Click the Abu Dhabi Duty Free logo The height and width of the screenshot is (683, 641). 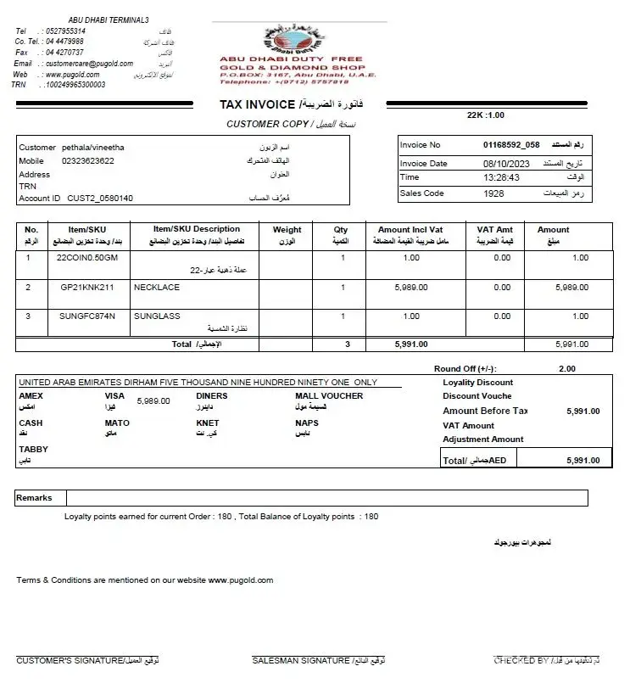pyautogui.click(x=293, y=40)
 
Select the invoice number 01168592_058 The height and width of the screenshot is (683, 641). pyautogui.click(x=511, y=145)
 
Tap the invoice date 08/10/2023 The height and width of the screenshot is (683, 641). pyautogui.click(x=506, y=163)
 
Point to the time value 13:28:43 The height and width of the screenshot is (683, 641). pyautogui.click(x=501, y=178)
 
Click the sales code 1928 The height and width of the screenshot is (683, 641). pyautogui.click(x=493, y=193)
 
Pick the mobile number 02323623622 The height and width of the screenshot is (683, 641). pyautogui.click(x=88, y=160)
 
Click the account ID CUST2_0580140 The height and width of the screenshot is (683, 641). pyautogui.click(x=100, y=199)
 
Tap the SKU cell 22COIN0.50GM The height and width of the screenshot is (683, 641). pyautogui.click(x=87, y=258)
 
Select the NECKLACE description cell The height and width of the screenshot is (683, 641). pyautogui.click(x=157, y=288)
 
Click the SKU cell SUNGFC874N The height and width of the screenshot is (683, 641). pyautogui.click(x=87, y=316)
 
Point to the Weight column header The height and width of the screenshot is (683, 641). pyautogui.click(x=287, y=230)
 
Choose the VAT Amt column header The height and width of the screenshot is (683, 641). pyautogui.click(x=495, y=230)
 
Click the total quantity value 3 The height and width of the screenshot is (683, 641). pyautogui.click(x=347, y=344)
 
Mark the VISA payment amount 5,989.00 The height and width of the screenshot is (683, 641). pyautogui.click(x=153, y=401)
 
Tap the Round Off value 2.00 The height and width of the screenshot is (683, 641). pyautogui.click(x=566, y=369)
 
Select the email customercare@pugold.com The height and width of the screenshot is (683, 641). pyautogui.click(x=83, y=64)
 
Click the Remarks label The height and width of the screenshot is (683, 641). pyautogui.click(x=34, y=498)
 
